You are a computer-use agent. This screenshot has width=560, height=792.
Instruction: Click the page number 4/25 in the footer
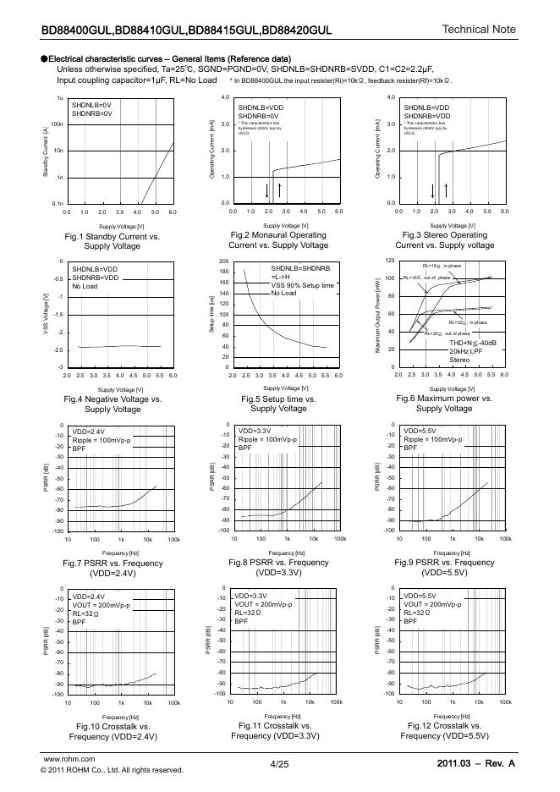tap(279, 764)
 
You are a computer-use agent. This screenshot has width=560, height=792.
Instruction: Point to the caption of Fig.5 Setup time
tap(278, 403)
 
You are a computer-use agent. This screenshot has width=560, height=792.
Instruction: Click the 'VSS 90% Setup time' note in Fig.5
tap(302, 285)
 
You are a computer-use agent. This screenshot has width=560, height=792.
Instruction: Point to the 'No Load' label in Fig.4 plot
tap(85, 286)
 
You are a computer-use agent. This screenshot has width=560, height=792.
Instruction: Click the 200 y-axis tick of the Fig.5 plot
tap(223, 261)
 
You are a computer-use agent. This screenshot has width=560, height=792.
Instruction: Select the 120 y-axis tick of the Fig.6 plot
tap(390, 261)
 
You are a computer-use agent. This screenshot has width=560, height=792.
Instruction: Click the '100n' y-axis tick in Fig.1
tap(58, 124)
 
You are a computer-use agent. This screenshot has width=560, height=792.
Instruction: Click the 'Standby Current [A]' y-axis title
tap(46, 151)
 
